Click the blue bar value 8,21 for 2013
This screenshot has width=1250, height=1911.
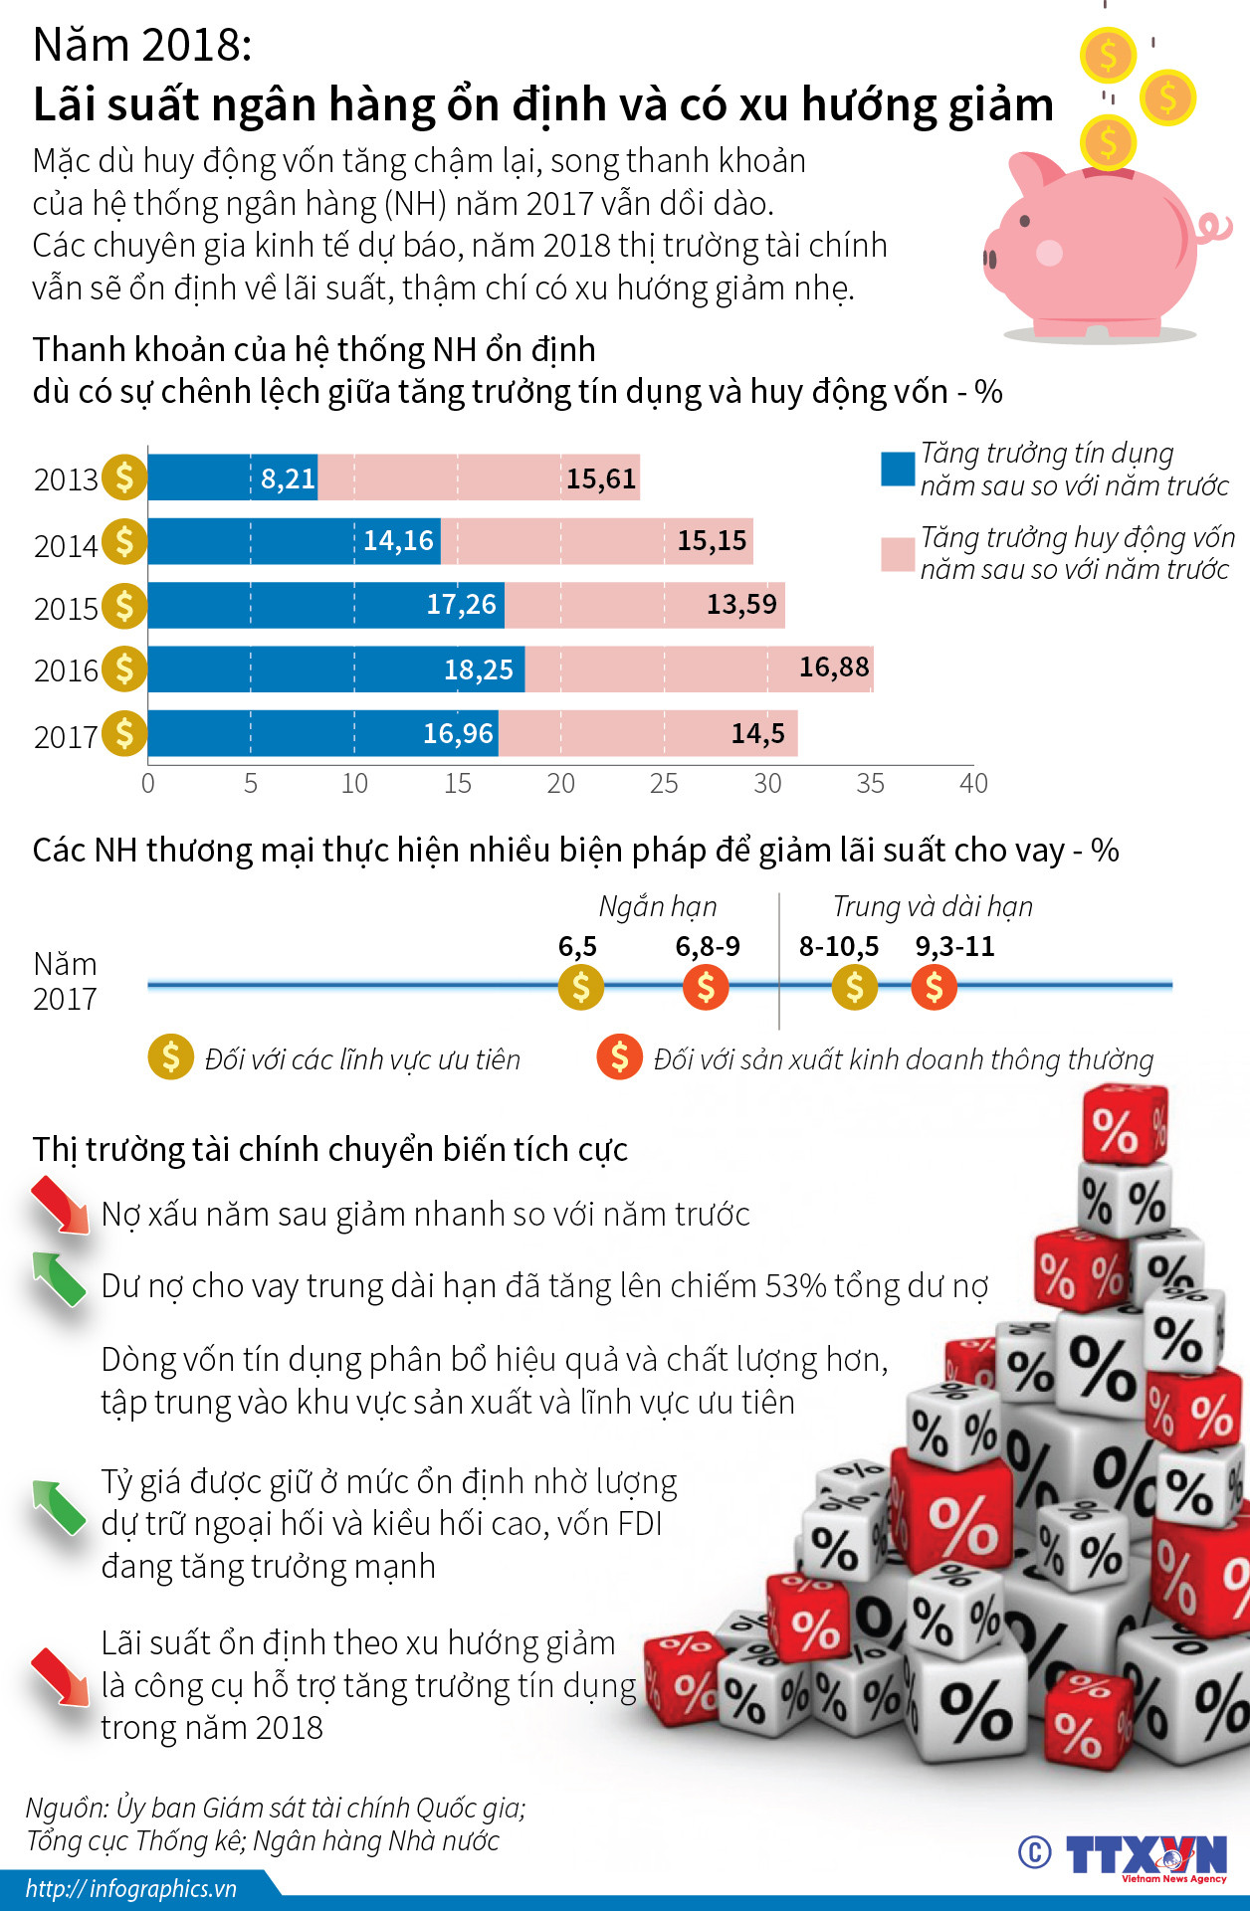288,478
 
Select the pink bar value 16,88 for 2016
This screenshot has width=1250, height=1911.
834,667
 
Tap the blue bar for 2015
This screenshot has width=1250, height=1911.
326,605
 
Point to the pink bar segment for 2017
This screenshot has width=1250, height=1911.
647,733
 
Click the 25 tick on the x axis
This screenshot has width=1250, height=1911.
664,784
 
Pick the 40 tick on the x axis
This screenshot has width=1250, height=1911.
973,784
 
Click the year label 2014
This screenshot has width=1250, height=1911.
66,545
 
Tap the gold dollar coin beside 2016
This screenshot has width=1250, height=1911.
124,669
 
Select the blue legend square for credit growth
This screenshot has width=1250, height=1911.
897,469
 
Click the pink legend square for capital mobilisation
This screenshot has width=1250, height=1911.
897,554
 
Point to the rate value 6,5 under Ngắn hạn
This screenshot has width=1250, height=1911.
577,946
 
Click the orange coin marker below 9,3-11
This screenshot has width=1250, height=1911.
934,988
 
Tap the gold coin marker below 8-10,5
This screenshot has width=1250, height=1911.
854,988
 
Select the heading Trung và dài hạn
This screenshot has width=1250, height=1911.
933,906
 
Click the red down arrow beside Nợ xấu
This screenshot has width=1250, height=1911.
60,1205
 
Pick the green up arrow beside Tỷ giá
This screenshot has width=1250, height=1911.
59,1506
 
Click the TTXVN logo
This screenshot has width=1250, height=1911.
1145,1856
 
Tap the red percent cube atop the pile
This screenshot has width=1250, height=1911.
1124,1125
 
